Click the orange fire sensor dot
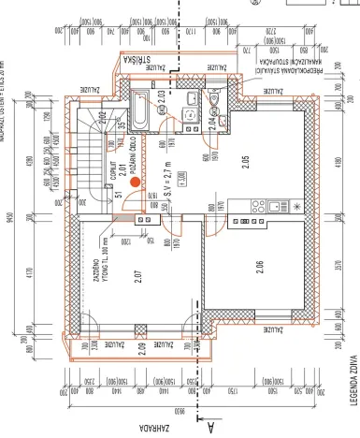[x=136, y=183]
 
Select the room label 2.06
[x=257, y=270]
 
